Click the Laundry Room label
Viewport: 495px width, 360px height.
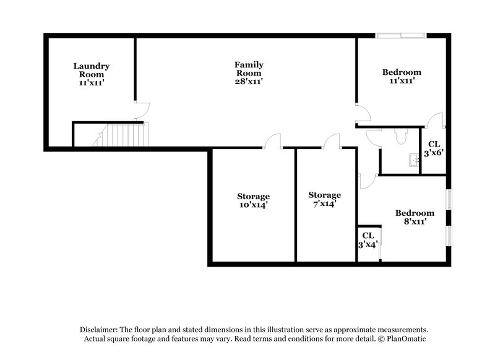(92, 74)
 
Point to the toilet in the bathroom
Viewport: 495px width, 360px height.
(398, 134)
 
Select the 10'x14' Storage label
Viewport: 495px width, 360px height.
(254, 201)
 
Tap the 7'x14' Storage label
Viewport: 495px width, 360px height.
(325, 199)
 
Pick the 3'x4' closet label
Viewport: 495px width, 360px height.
(368, 240)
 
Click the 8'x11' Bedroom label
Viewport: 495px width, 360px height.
(415, 217)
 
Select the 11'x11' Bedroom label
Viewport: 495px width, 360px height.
(402, 75)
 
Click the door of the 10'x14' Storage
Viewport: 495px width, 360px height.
(272, 141)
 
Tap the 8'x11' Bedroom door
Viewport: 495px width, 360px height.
(369, 180)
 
